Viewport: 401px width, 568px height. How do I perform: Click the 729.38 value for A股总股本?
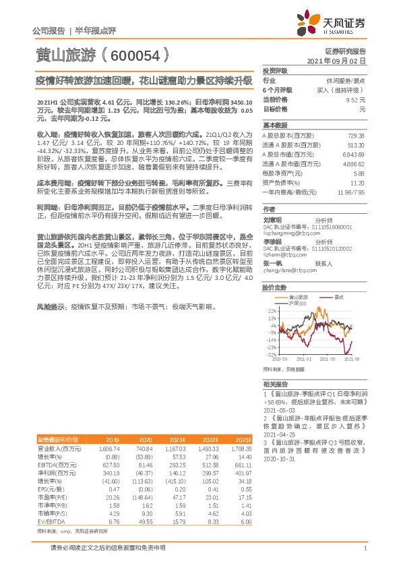point(355,135)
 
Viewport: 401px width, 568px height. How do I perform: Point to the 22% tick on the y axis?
point(271,311)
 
